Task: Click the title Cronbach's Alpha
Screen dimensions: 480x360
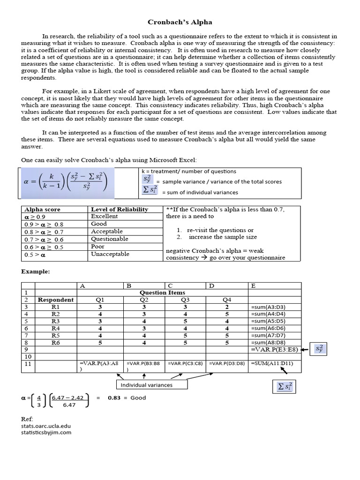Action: coord(180,22)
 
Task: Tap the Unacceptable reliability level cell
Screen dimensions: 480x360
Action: coord(110,254)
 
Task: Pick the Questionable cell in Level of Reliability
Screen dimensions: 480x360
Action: coord(110,239)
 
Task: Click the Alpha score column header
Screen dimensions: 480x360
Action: coord(42,210)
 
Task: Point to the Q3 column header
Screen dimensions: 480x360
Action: coord(185,300)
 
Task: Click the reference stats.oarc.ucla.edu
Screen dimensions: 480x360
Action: coord(46,426)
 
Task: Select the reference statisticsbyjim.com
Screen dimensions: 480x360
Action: coord(46,432)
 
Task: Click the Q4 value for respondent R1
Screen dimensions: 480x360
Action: coord(226,307)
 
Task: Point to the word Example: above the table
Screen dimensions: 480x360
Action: coord(35,271)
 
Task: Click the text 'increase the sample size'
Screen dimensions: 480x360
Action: coord(220,237)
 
